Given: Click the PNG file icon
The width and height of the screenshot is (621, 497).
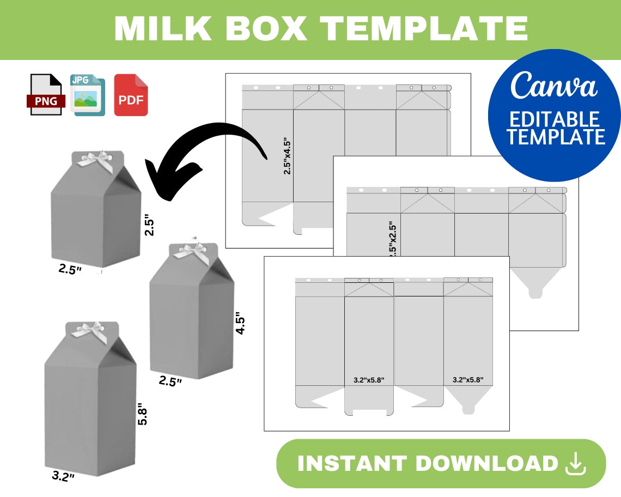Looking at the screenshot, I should pos(45,95).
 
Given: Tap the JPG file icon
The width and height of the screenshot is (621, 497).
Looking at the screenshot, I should pos(87,95).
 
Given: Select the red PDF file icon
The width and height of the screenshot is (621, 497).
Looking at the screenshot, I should pos(131,95).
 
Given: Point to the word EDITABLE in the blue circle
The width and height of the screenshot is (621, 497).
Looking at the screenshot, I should pos(554,119).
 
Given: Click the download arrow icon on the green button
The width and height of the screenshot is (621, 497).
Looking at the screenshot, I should pos(576,464).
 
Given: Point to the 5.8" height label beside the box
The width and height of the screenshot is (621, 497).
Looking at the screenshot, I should pos(143,414).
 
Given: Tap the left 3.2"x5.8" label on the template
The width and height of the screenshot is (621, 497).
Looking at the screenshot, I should pos(369,380).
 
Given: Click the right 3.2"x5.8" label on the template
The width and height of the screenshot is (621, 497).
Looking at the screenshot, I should pos(468,380).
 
